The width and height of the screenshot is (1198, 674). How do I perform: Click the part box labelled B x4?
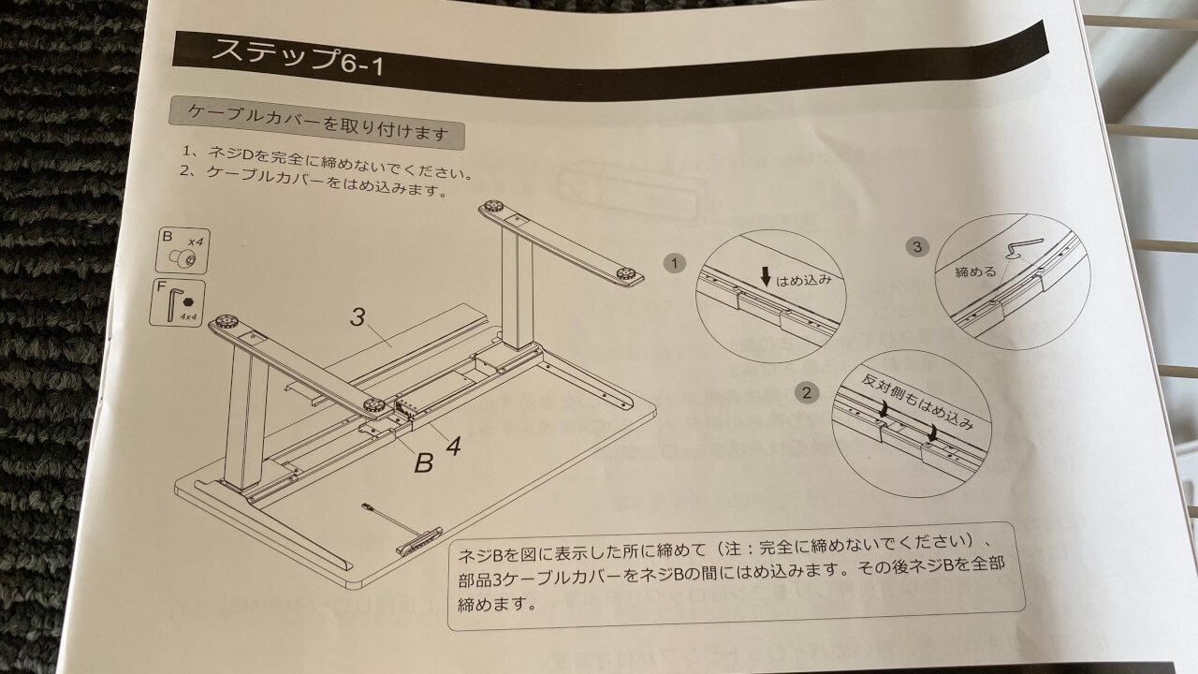point(183,251)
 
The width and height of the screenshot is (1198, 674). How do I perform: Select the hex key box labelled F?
point(177,302)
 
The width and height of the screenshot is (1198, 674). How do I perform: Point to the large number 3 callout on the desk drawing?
point(358,316)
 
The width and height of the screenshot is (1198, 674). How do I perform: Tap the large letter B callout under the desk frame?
point(424,462)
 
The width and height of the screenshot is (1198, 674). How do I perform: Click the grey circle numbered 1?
point(674,263)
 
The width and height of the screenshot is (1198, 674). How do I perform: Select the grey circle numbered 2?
point(807,393)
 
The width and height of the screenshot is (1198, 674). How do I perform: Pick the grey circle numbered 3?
point(917,246)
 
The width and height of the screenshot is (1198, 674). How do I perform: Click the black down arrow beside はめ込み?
point(766,276)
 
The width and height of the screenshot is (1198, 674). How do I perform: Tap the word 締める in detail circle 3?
point(976,272)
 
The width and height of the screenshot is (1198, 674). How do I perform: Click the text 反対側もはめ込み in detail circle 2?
point(916,402)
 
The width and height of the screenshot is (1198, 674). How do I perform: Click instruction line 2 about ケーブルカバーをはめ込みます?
point(314,182)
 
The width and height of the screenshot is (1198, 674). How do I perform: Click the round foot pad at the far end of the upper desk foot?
point(492,207)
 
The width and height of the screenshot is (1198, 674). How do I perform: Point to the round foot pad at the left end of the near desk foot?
point(222,323)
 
